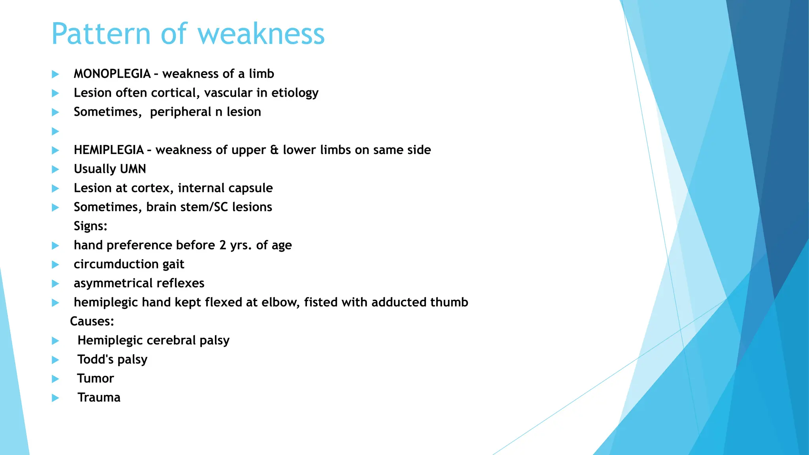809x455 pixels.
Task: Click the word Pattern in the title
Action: (x=101, y=34)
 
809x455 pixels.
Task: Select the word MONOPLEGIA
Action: (x=112, y=74)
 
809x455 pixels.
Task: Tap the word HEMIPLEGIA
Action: (x=109, y=150)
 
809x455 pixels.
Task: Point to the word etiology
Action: (x=295, y=93)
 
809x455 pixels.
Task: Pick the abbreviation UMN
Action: (x=133, y=169)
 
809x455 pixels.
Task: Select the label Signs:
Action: (x=90, y=226)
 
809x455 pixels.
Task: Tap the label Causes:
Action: (x=92, y=322)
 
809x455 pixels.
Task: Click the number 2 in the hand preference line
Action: (x=223, y=245)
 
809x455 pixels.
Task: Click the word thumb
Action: (x=449, y=303)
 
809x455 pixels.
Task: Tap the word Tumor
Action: (x=96, y=378)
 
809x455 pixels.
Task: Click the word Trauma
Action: (x=99, y=397)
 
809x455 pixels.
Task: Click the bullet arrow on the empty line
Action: (x=55, y=131)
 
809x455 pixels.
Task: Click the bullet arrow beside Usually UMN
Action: (x=55, y=169)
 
